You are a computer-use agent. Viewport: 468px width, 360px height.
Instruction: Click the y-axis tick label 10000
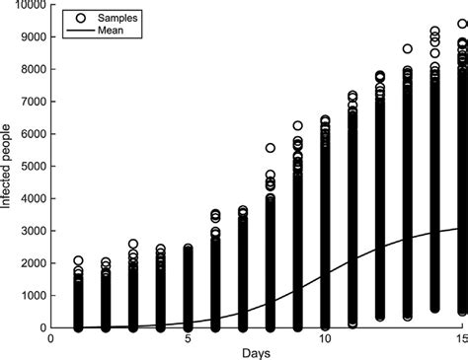29,6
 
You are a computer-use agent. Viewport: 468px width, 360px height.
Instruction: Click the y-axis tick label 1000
32,295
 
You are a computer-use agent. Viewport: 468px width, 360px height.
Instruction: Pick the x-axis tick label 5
188,336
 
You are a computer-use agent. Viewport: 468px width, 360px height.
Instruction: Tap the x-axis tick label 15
459,336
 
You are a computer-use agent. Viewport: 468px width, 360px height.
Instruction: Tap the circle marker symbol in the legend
77,18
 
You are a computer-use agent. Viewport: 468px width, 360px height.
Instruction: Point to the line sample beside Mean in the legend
77,30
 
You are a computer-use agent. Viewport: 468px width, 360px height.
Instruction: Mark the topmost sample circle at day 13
407,48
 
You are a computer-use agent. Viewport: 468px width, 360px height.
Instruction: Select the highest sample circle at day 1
79,260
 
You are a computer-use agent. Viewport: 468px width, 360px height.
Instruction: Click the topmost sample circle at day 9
297,126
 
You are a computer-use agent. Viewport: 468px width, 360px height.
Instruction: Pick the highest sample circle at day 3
133,244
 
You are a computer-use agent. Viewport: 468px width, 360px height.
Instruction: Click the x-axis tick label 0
51,336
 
